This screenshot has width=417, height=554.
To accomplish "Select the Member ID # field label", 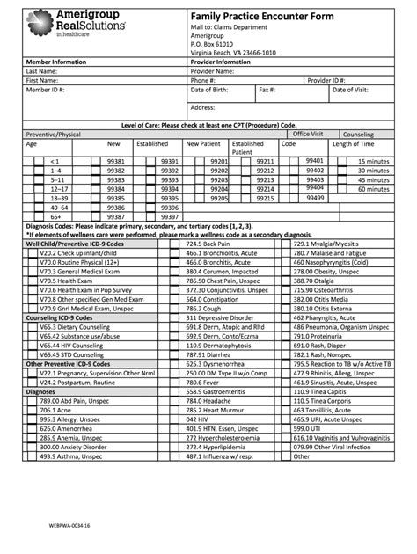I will pyautogui.click(x=46, y=91).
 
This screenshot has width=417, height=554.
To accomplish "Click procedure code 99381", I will pyautogui.click(x=116, y=162).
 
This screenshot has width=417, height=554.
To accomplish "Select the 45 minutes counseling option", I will pyautogui.click(x=373, y=180).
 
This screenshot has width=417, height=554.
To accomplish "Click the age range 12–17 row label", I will pyautogui.click(x=60, y=189).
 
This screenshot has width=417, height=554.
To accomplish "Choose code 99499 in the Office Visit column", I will pyautogui.click(x=315, y=199).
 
